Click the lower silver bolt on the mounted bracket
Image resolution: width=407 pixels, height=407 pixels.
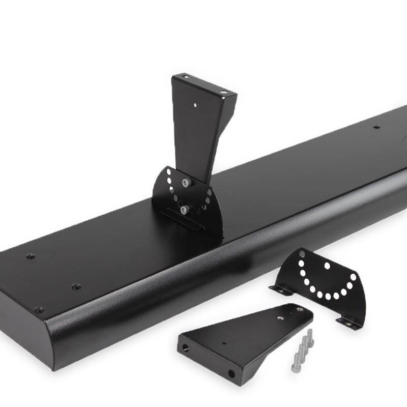pyautogui.click(x=183, y=208)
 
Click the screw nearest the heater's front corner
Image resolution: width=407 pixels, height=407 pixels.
pyautogui.click(x=39, y=309)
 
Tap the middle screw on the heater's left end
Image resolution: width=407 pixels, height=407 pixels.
pyautogui.click(x=76, y=286)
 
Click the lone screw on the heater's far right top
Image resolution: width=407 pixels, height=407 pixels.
pyautogui.click(x=376, y=127)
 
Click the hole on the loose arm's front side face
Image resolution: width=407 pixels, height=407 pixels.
pyautogui.click(x=231, y=374)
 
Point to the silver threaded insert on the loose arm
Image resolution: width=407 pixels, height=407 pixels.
pyautogui.click(x=280, y=317)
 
